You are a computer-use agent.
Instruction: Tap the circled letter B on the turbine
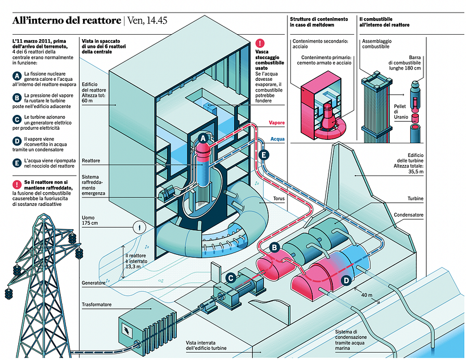tap(274, 248)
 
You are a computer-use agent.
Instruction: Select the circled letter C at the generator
tap(231, 278)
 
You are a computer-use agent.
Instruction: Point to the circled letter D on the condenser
tap(346, 280)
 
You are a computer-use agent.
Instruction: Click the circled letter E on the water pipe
tap(263, 155)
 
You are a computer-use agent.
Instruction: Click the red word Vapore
tap(276, 123)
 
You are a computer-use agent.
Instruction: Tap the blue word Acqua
tap(277, 138)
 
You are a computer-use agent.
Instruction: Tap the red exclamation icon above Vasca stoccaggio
tap(260, 43)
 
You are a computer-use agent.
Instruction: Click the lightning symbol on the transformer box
tap(124, 328)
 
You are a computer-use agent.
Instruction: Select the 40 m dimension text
tap(367, 295)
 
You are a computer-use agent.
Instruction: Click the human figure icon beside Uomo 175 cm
tap(137, 227)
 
